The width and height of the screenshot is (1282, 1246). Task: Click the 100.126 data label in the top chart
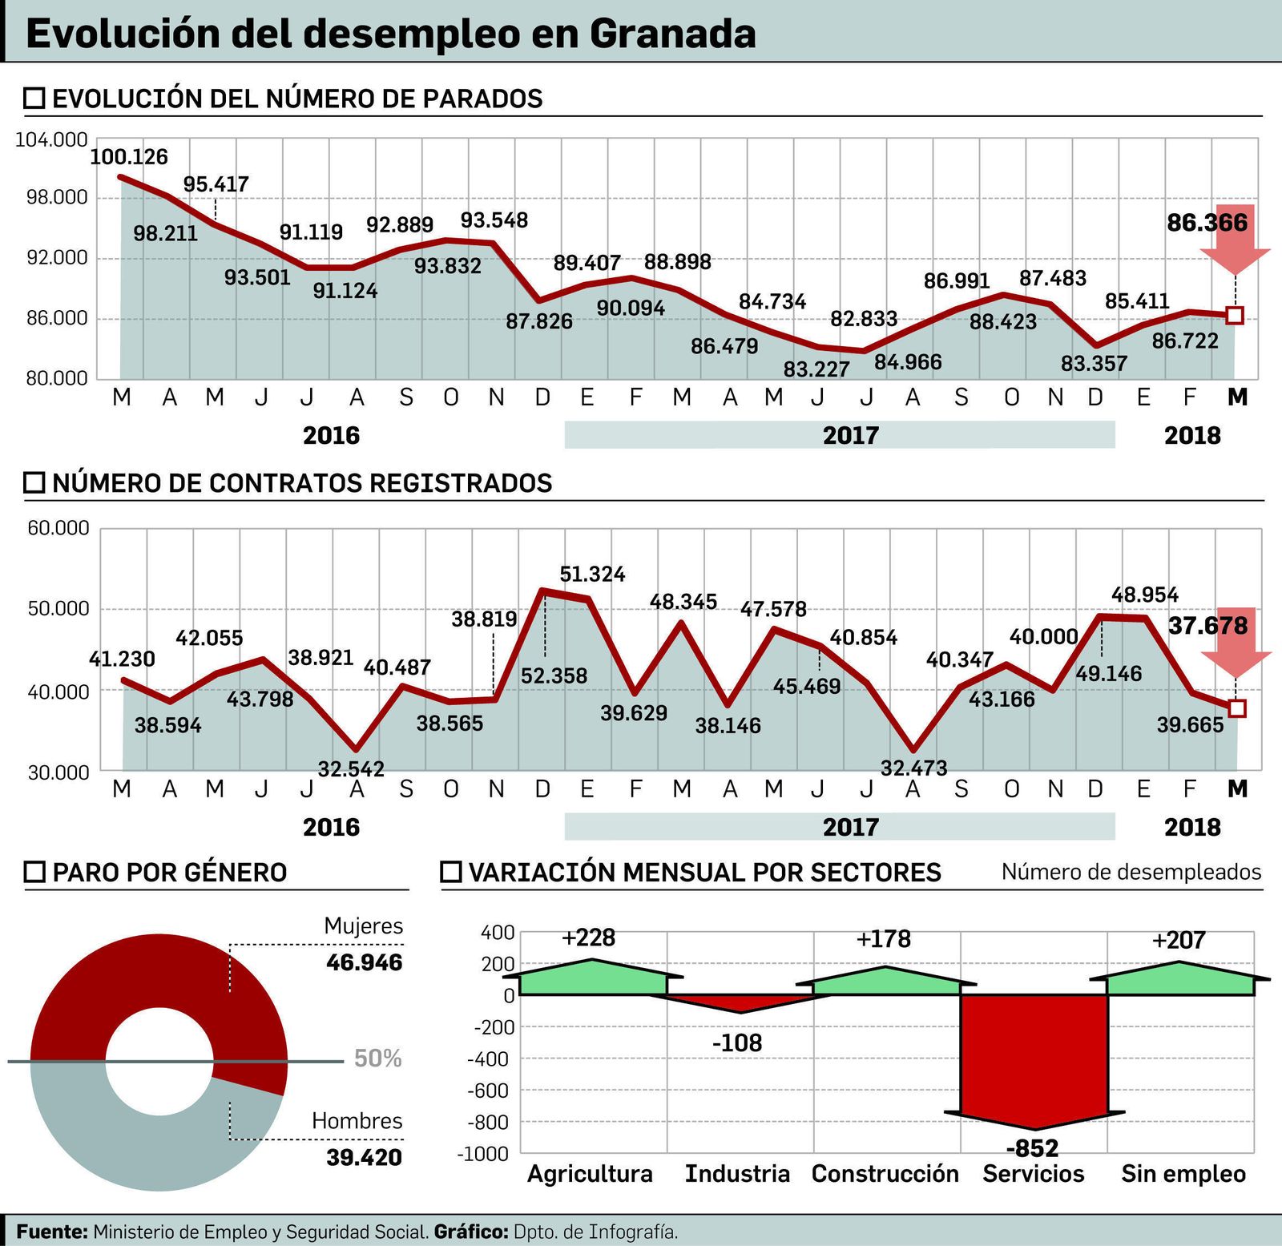pos(129,157)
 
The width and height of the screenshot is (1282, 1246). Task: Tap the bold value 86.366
pos(1207,223)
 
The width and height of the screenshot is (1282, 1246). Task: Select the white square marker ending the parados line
pos(1235,315)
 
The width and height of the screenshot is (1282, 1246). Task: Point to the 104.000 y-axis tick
pos(51,140)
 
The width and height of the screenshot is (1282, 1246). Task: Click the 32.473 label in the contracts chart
pos(913,768)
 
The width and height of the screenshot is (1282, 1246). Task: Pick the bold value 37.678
pos(1207,625)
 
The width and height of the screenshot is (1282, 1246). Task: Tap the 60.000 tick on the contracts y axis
pos(58,529)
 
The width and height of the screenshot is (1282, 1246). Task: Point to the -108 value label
pos(737,1043)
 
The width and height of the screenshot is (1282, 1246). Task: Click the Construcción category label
pos(885,1174)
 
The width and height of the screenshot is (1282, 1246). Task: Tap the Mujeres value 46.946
pos(364,962)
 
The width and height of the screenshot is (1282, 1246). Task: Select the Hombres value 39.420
pos(364,1157)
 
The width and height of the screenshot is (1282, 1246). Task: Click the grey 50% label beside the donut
pos(377,1058)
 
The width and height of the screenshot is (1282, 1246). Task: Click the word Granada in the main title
pos(673,34)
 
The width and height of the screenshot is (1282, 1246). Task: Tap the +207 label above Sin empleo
pos(1178,940)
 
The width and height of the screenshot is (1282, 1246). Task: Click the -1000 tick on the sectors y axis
pos(483,1154)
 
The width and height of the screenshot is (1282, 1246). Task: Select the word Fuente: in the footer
pos(52,1232)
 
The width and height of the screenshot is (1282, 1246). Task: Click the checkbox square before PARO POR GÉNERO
pos(34,873)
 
